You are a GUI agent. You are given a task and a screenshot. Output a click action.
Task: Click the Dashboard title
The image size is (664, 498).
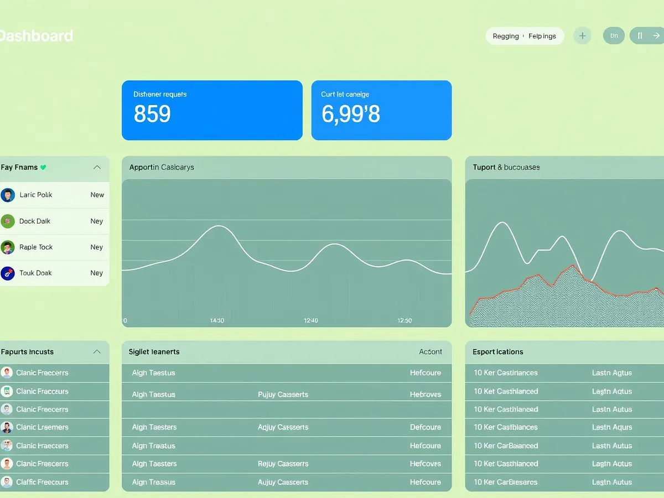point(37,36)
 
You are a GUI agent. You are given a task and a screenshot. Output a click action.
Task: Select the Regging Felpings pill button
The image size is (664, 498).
point(524,36)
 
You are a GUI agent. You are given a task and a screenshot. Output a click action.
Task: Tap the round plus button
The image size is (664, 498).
point(582,36)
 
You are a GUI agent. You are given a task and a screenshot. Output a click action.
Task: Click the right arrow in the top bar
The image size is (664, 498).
point(656,36)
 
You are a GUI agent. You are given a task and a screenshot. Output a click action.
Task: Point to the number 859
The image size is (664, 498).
point(152,113)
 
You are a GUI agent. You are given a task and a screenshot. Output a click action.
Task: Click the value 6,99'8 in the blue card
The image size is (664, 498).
point(351,113)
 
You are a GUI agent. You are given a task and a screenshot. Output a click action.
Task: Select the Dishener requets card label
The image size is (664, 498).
point(160,94)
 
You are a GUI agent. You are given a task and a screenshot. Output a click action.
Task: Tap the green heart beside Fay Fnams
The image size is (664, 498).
point(44,167)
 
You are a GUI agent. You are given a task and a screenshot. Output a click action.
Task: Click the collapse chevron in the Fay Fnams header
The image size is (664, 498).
point(97,167)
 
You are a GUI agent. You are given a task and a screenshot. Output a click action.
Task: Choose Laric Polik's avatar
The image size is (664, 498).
point(8,195)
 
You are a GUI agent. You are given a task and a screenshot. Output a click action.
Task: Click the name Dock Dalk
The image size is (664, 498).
point(35,221)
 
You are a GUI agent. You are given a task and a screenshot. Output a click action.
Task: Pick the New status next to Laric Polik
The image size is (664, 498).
point(97,195)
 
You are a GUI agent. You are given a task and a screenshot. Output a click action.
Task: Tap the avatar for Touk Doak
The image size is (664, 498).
point(8,273)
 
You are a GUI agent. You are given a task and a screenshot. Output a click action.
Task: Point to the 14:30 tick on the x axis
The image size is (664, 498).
point(217,320)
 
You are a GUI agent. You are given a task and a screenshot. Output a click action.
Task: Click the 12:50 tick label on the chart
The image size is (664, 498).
point(404,320)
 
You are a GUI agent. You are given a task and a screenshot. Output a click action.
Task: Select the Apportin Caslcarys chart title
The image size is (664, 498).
point(162,167)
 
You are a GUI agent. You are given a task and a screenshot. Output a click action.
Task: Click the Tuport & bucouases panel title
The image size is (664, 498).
point(506,167)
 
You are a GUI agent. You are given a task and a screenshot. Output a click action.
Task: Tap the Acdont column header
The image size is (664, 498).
point(430,351)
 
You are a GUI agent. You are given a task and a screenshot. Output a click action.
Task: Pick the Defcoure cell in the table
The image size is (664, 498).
point(426,427)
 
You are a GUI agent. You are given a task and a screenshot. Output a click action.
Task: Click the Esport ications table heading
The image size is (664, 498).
point(497,351)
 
